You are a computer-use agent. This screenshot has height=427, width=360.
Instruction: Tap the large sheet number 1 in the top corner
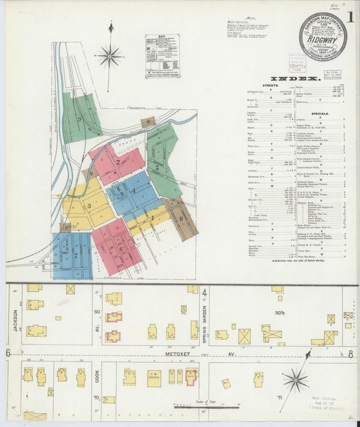351,18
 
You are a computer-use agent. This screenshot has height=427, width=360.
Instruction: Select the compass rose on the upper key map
109,55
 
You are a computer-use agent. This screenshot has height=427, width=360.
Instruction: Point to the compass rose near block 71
296,381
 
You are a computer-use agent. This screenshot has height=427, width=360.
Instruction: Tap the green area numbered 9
80,118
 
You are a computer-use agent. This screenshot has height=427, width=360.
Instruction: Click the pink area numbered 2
118,163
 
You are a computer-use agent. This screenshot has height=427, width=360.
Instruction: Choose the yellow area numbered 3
88,206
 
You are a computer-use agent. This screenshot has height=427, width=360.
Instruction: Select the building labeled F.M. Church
154,377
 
